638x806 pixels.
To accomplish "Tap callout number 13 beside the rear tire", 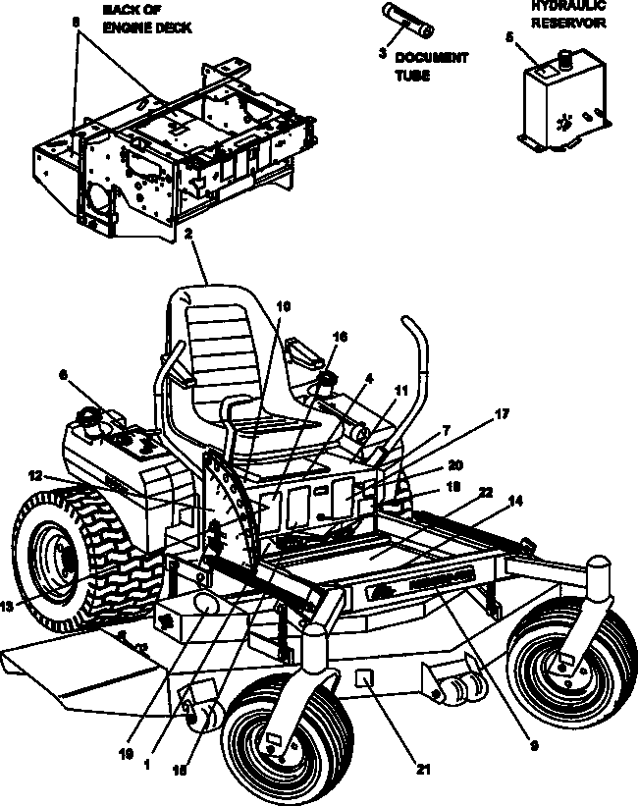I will pos(8,607).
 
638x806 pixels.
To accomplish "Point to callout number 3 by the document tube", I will pos(382,54).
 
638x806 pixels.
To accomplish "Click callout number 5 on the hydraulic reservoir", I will pos(509,37).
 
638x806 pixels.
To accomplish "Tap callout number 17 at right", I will pos(502,414).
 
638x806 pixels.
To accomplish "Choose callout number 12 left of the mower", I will pos(34,475).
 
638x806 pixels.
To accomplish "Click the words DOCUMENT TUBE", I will pos(432,66).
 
